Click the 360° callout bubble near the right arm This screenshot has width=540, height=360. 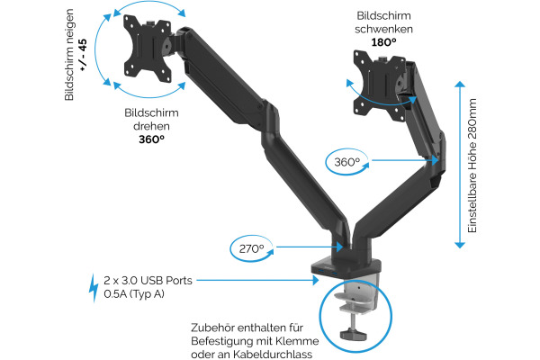coord(346,162)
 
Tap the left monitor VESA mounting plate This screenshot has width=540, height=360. coord(149,49)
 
